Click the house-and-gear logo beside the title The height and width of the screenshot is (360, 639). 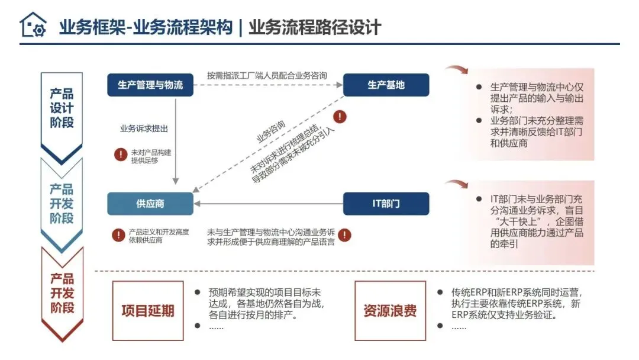coord(33,25)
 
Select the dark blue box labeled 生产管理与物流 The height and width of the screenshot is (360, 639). coord(150,85)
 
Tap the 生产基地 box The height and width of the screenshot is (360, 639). coord(386,85)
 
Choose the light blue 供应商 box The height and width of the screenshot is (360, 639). coord(150,204)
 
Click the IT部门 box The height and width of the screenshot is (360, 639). coord(386,204)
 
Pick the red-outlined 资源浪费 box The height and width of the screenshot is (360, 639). coord(390,311)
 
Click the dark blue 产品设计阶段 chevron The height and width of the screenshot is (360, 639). coord(62,109)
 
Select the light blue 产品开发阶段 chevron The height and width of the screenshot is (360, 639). coord(62,204)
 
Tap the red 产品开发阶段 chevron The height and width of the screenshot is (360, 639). coord(62,293)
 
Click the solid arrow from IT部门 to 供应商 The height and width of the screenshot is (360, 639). coord(269,204)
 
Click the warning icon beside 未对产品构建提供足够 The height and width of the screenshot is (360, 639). coord(121,155)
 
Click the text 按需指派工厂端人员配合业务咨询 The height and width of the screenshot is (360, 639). coord(267,75)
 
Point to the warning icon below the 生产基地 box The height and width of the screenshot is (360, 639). coord(340,117)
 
